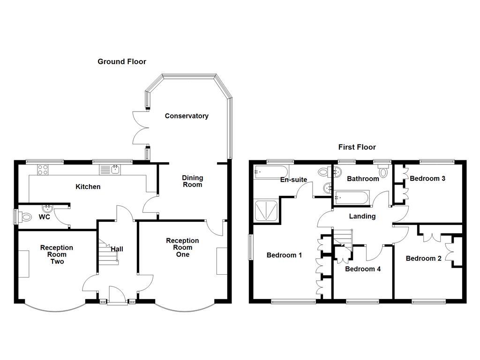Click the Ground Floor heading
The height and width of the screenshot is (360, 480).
click(x=122, y=61)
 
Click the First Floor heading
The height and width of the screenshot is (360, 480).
click(x=357, y=147)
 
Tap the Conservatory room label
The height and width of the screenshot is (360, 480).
click(x=187, y=116)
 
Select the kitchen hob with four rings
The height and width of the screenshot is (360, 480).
click(x=43, y=169)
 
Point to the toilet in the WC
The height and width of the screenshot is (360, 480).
click(x=25, y=217)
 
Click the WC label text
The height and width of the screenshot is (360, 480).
click(x=45, y=217)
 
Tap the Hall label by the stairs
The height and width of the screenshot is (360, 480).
click(x=117, y=249)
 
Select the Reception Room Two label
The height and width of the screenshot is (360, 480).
click(x=57, y=255)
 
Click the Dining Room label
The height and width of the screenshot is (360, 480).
click(x=192, y=181)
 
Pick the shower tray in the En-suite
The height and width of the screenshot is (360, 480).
click(x=266, y=210)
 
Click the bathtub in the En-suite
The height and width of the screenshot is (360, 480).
click(x=271, y=172)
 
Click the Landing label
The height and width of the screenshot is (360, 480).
click(x=362, y=216)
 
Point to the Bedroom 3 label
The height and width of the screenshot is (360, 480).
click(x=427, y=178)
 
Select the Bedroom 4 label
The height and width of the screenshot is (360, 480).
click(x=363, y=269)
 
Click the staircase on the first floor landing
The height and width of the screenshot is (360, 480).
click(x=344, y=237)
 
